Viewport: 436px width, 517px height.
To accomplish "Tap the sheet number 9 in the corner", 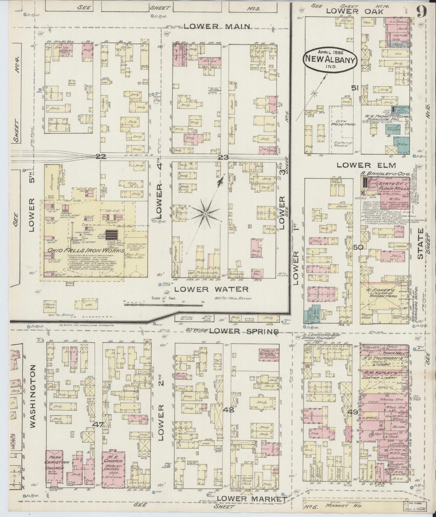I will click(422, 12).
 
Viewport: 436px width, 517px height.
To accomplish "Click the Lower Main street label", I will click(217, 26).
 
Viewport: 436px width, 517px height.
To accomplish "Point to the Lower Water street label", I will click(211, 289).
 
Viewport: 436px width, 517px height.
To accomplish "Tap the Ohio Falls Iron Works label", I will click(84, 251).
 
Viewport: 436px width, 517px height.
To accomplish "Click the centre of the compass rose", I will click(205, 214).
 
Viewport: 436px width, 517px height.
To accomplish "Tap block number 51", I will click(355, 88).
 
